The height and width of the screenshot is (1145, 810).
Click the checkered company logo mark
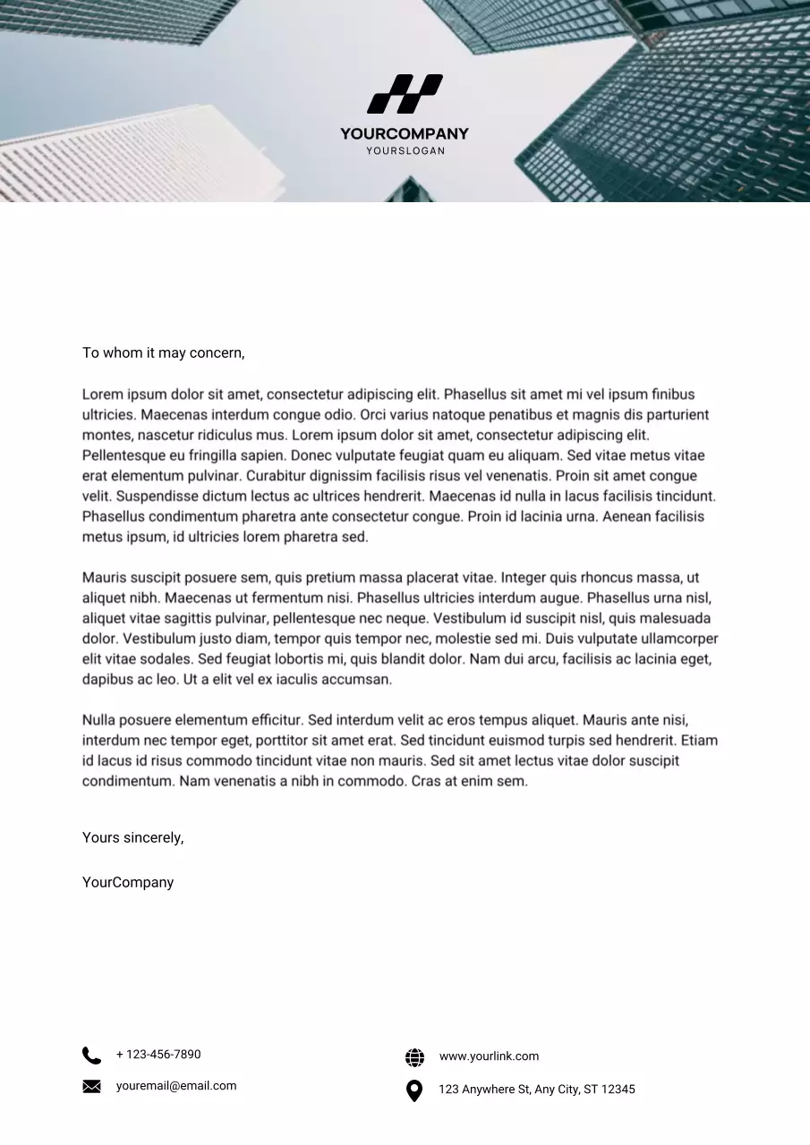[x=405, y=94]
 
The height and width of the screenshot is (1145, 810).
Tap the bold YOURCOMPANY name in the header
[x=405, y=134]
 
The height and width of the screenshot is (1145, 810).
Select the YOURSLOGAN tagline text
[x=405, y=151]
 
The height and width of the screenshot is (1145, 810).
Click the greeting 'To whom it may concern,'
[x=163, y=352]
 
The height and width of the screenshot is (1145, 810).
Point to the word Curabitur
[x=280, y=476]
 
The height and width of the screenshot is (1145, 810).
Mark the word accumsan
[x=358, y=680]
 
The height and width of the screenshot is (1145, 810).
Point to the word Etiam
[x=699, y=741]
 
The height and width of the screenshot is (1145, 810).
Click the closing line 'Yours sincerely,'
[x=132, y=838]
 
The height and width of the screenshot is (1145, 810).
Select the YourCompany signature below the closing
[x=128, y=883]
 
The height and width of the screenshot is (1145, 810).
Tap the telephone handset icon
[x=91, y=1056]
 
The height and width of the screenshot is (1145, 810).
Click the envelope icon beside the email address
[x=91, y=1087]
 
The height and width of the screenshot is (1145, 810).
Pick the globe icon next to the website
[x=414, y=1057]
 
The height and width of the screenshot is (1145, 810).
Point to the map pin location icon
[x=414, y=1090]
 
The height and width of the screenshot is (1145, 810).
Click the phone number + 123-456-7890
[x=158, y=1055]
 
